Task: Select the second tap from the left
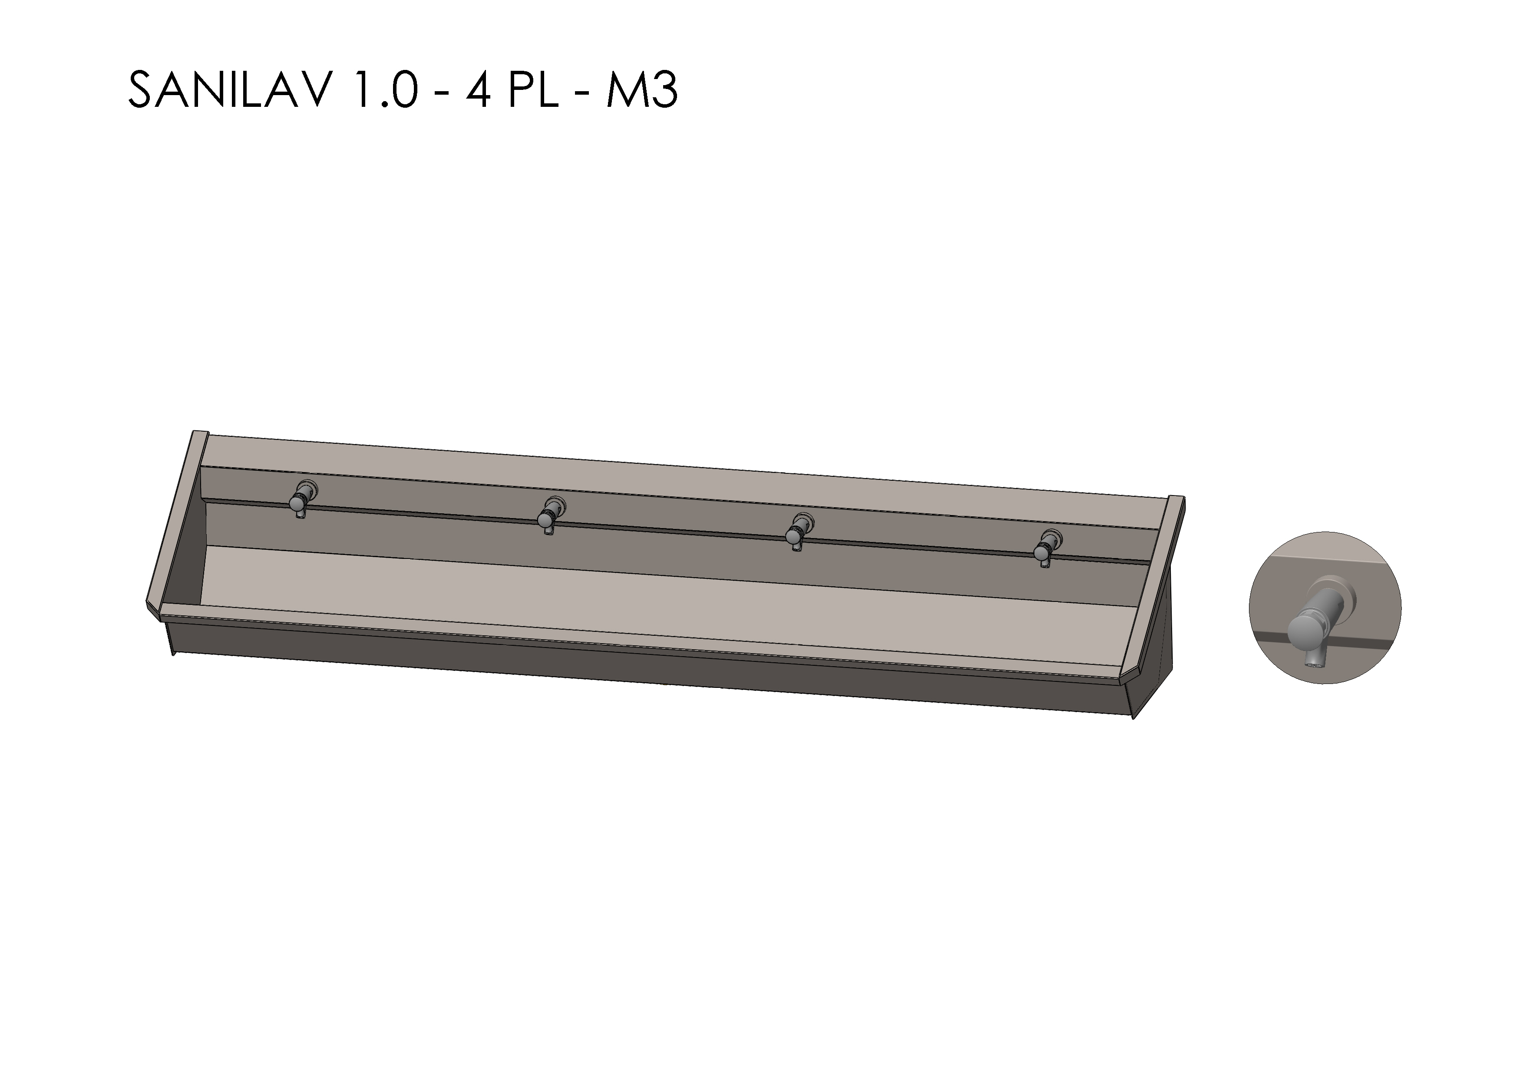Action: coord(550,516)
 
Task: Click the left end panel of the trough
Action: coord(176,524)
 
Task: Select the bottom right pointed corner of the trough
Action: coord(1133,718)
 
